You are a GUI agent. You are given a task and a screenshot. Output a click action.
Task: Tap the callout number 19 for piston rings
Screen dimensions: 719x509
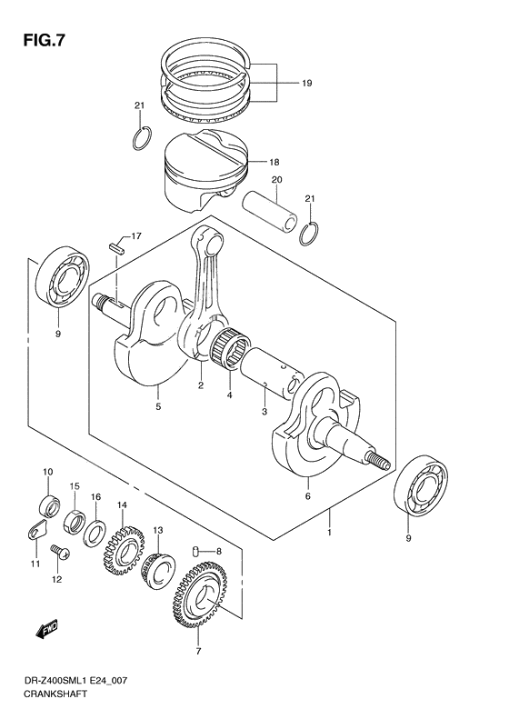307,83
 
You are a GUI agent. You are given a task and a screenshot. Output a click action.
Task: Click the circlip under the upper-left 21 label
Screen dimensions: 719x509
140,138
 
